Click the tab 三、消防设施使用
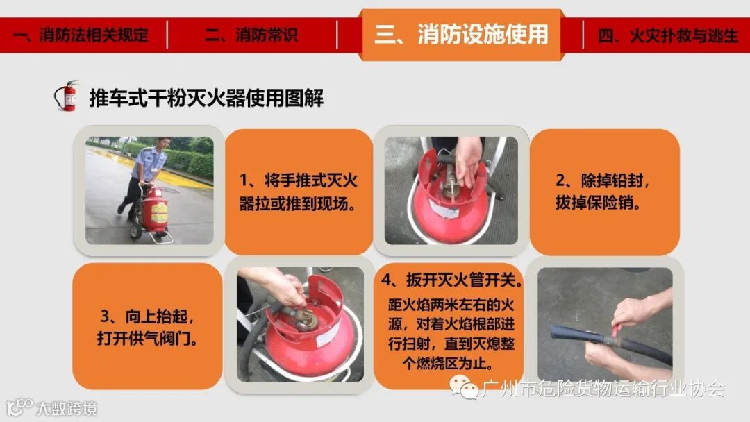pos(461,35)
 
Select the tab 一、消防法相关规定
pos(81,35)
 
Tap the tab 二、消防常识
pos(251,35)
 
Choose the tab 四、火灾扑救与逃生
pos(668,35)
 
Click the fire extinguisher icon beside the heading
pos(67,96)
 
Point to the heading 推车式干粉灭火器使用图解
pos(206,98)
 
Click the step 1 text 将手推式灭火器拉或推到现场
pos(298,192)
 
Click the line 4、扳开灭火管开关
pos(451,280)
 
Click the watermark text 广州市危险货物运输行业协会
pos(603,389)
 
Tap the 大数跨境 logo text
pos(67,409)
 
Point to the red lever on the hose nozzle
pos(615,330)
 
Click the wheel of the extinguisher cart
pos(135,231)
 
